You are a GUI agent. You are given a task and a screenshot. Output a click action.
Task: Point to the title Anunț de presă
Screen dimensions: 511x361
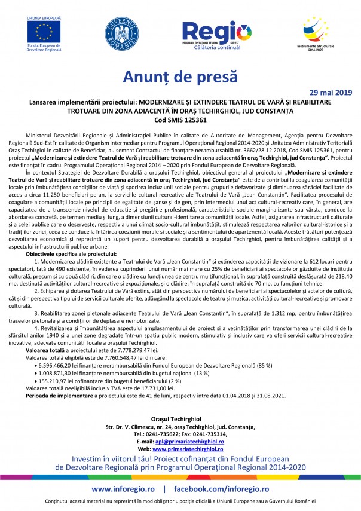pos(180,77)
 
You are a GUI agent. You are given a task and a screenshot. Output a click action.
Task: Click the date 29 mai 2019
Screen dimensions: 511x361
pos(332,93)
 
